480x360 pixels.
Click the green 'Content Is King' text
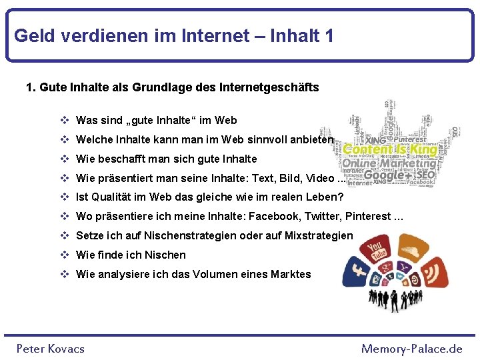(x=390, y=149)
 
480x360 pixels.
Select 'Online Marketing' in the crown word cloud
(x=390, y=163)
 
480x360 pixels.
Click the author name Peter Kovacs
(x=51, y=349)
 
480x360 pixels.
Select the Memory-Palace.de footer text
(x=411, y=349)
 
